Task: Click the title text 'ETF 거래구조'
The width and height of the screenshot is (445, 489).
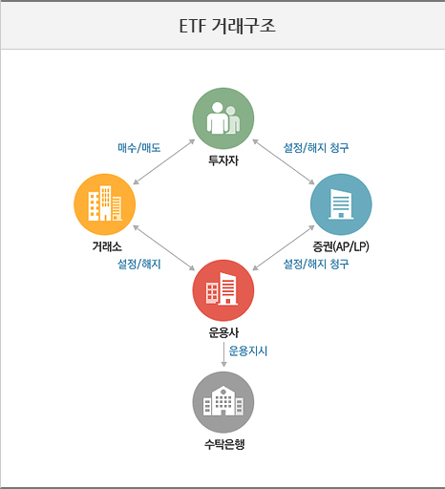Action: pos(227,26)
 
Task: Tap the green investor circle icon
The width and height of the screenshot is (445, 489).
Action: pos(223,118)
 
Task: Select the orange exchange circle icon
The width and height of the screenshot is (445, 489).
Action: pos(105,204)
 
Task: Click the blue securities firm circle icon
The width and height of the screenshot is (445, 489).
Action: pos(341,204)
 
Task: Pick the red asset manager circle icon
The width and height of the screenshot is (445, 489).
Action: pos(223,290)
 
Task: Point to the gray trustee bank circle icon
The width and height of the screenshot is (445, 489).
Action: pos(223,402)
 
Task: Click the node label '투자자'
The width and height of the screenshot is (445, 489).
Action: pos(223,160)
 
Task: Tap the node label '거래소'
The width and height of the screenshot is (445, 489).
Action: pos(107,246)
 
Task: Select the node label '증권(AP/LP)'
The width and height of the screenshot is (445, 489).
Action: pos(341,246)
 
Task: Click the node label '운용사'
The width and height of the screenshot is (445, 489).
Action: pos(223,332)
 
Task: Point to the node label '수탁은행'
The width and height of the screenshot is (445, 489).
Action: pos(224,444)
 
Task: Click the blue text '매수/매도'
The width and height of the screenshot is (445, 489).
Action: pos(139,148)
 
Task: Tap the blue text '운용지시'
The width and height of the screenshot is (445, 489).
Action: pos(248,351)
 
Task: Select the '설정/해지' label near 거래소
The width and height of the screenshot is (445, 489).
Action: pos(139,264)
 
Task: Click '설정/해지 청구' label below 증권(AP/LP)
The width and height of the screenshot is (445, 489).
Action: pos(316,264)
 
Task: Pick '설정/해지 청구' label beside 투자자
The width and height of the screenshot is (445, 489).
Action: pos(316,148)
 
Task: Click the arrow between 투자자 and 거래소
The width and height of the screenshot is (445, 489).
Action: pos(164,161)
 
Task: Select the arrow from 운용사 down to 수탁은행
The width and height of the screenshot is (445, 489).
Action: pos(223,354)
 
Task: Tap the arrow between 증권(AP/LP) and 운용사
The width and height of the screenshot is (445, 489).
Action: pos(284,247)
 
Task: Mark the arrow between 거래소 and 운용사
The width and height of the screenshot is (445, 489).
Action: pos(164,247)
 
